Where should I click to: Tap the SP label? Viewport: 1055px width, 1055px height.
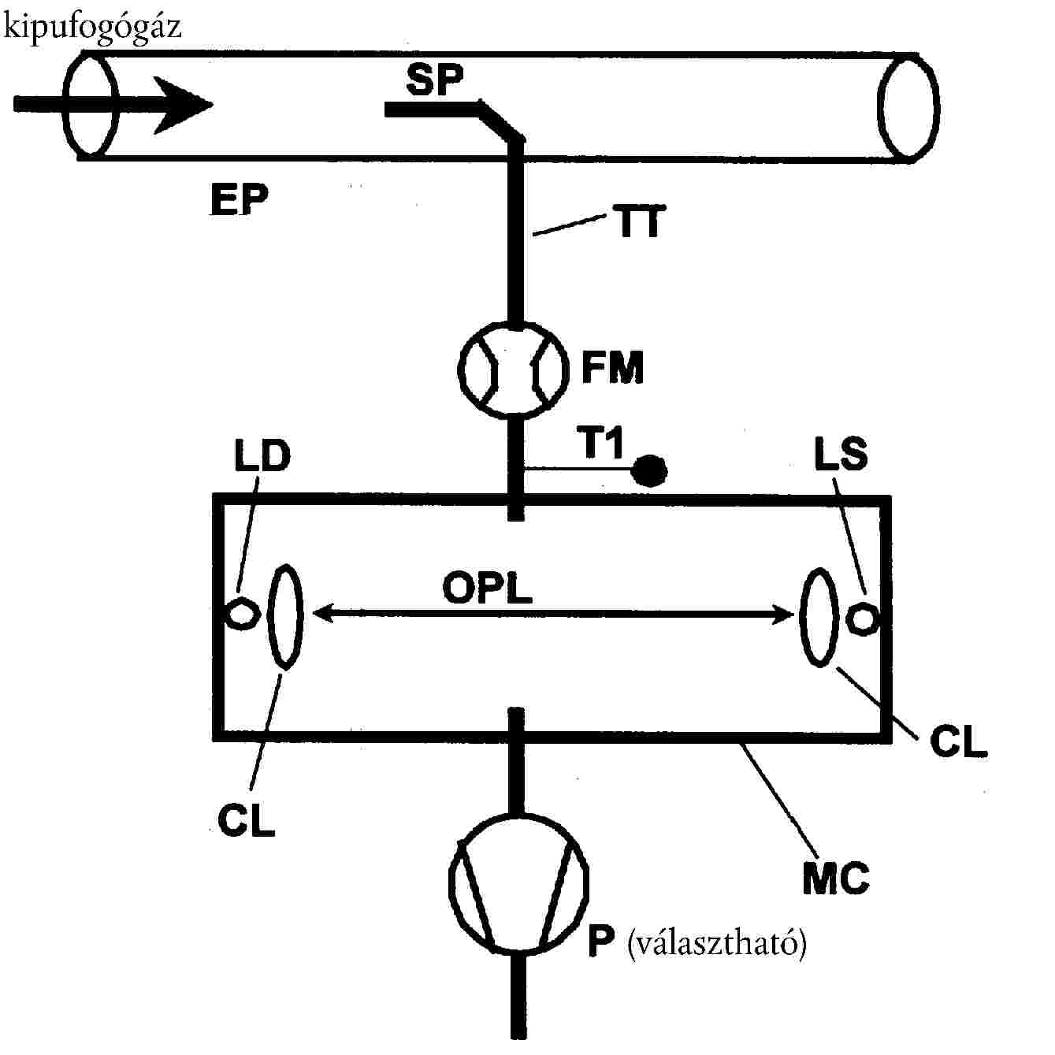[435, 80]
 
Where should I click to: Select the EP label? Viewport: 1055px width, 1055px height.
[239, 200]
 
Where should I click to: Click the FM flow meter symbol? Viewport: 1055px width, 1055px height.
[514, 367]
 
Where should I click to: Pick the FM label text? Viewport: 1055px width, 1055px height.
[612, 367]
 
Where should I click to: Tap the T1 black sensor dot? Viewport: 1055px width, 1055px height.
[651, 471]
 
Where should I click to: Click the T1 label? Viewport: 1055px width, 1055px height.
[603, 445]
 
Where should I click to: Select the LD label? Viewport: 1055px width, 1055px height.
[262, 456]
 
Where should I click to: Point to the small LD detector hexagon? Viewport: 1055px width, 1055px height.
[240, 613]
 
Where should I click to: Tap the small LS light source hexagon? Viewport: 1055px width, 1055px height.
[861, 617]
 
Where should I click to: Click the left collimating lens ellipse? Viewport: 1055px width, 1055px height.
[284, 616]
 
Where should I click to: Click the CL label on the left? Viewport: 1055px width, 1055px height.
[246, 819]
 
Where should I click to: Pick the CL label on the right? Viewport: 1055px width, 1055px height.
[958, 742]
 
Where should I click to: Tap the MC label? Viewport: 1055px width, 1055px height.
[835, 879]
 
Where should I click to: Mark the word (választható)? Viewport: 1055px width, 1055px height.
[717, 942]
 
